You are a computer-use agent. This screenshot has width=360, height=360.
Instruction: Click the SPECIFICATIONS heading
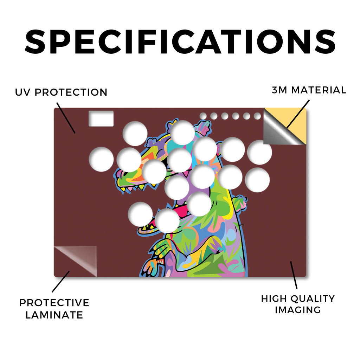[180, 42]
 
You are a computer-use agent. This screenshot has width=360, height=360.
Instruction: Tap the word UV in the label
[22, 92]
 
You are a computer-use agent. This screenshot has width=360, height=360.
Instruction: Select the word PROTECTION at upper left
[71, 92]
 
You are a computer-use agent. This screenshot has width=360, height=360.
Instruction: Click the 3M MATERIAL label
[309, 90]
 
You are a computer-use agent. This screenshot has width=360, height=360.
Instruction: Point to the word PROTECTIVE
[54, 303]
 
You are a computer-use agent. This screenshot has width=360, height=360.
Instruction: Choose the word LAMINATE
[54, 315]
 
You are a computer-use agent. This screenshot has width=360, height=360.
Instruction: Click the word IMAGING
[297, 310]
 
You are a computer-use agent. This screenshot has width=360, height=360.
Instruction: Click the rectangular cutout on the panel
[101, 118]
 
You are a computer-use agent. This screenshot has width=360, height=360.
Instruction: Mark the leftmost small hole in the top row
[203, 116]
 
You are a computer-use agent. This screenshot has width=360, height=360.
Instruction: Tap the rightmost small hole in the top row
[257, 116]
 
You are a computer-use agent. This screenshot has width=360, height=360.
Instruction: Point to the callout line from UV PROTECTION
[66, 118]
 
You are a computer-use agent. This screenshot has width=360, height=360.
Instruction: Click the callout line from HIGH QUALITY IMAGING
[294, 275]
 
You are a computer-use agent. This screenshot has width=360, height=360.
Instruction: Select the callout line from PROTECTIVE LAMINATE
[60, 282]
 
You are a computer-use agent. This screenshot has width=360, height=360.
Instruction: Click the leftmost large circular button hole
[101, 159]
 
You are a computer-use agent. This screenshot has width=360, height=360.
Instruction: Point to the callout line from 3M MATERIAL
[298, 114]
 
